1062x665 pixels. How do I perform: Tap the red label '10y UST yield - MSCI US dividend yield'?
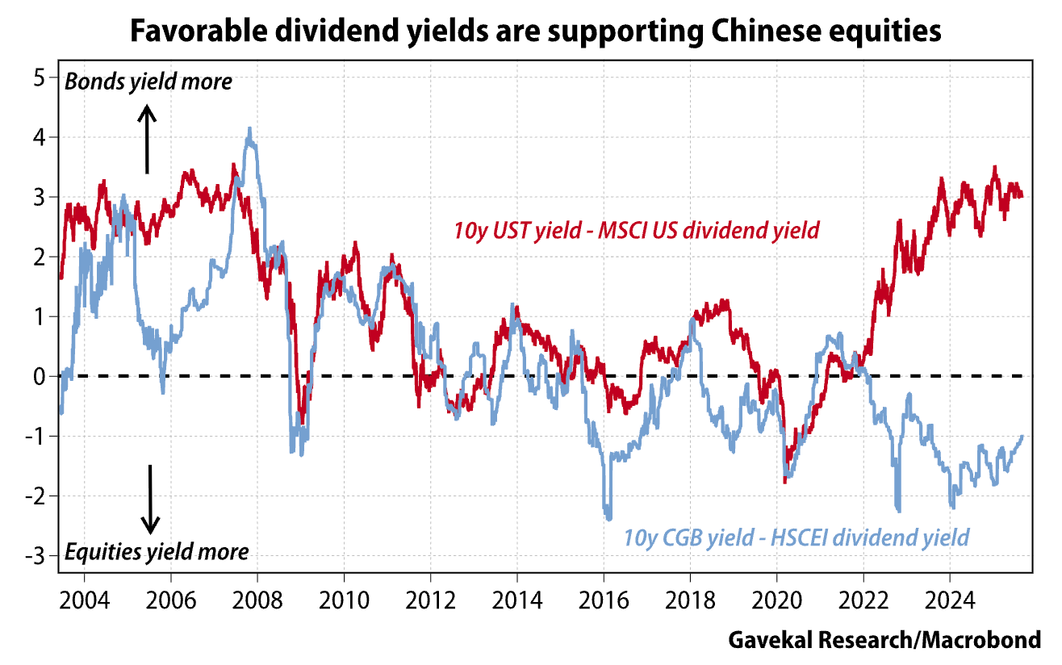637,231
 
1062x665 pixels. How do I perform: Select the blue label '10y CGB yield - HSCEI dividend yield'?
796,537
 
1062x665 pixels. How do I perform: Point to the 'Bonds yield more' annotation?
148,82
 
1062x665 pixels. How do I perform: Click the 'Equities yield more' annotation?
156,552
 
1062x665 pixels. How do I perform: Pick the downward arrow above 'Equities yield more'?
150,499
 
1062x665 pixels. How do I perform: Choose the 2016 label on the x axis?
603,603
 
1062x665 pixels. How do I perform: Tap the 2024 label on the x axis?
949,603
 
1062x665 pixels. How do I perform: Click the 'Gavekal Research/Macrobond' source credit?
884,641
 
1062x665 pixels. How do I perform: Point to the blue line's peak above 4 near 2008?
249,128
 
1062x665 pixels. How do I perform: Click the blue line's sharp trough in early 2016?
608,518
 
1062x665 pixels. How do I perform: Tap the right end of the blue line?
1022,437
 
